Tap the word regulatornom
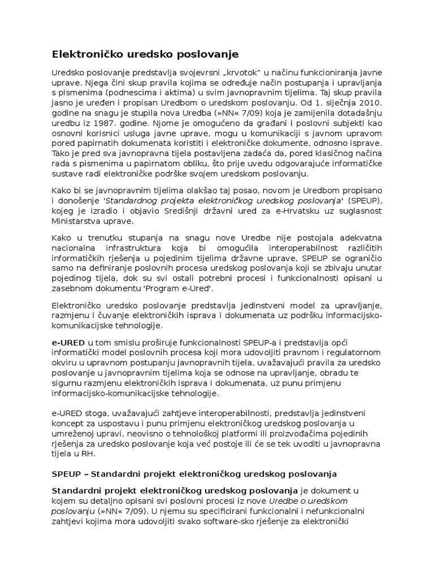click(357, 353)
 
